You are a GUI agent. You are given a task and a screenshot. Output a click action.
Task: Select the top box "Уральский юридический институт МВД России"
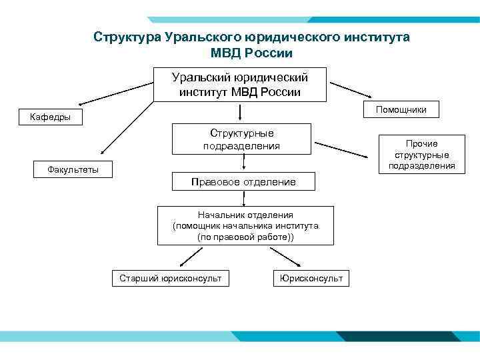click(240, 84)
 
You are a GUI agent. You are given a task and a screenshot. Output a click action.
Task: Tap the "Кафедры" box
click(51, 118)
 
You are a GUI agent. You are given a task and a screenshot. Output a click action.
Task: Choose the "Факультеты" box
click(73, 169)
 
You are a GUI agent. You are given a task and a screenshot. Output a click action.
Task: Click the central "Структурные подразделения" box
click(242, 139)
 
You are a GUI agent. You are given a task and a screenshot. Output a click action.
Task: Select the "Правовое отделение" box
click(243, 181)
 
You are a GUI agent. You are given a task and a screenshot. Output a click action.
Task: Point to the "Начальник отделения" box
click(245, 226)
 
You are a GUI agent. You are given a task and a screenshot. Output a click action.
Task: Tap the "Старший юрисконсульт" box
click(170, 277)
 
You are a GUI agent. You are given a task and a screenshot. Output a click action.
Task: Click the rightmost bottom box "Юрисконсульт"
click(311, 277)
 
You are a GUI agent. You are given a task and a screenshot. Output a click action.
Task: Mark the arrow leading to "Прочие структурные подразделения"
click(343, 150)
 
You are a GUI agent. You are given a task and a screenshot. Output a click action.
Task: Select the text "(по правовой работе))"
click(245, 237)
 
